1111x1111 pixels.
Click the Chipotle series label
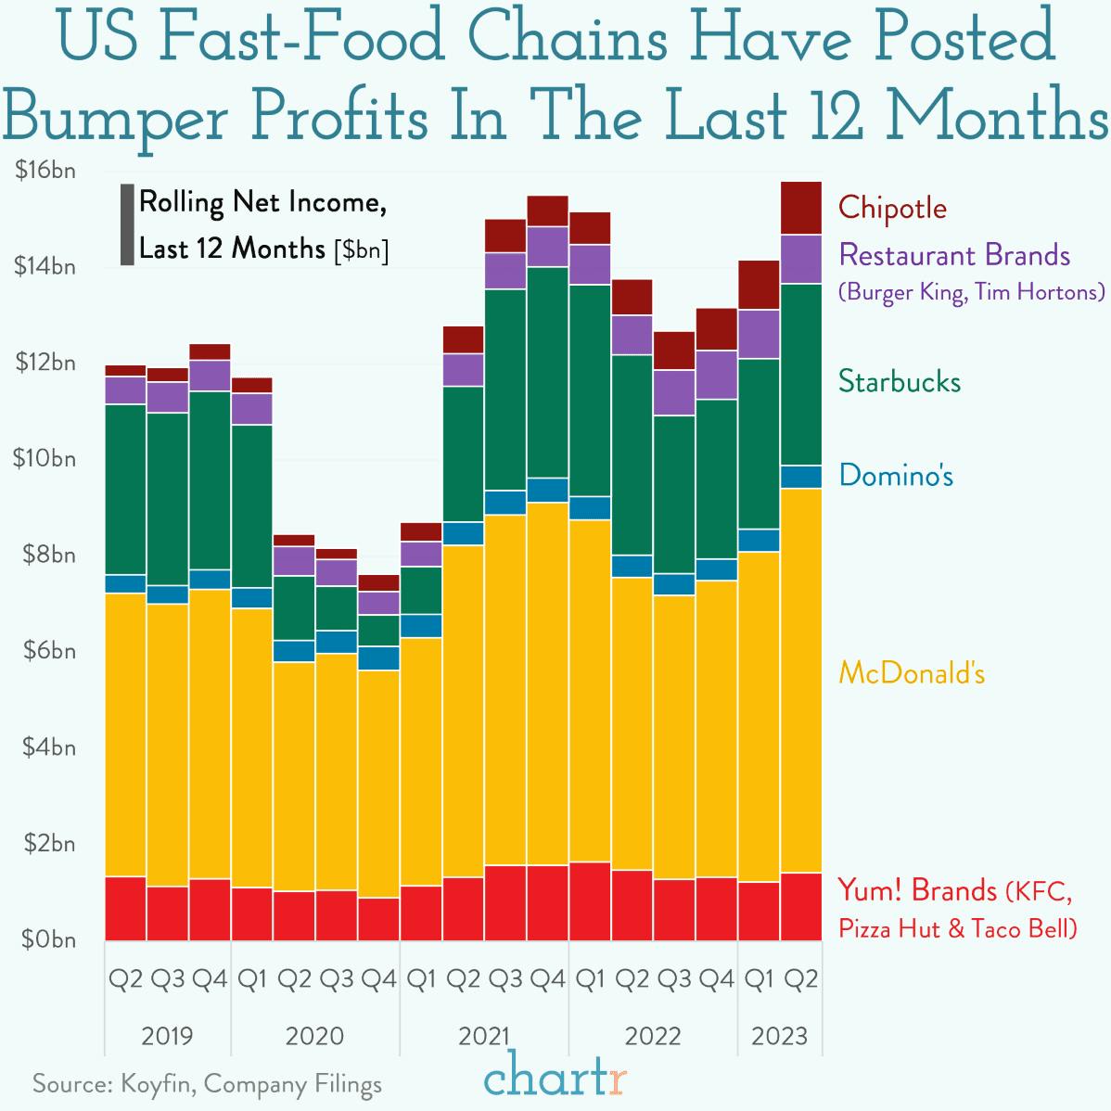click(892, 208)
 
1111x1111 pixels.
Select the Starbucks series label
click(899, 381)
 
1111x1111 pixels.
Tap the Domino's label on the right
click(896, 476)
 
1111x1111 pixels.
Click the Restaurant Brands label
click(954, 255)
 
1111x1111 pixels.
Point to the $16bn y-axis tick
click(45, 172)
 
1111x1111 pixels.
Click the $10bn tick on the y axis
click(45, 459)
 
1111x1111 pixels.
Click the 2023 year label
click(779, 1035)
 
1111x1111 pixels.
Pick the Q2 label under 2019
click(125, 978)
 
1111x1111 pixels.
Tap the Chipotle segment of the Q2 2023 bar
click(800, 208)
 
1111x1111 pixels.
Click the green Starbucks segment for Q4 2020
click(378, 630)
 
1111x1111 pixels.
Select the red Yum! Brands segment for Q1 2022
click(590, 900)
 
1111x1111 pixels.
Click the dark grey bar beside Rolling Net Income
click(127, 225)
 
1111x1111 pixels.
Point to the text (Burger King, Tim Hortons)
click(971, 292)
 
